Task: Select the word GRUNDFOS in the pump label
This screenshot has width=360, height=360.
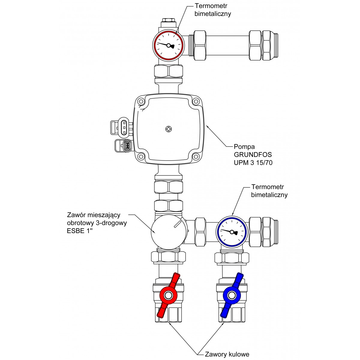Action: click(253, 154)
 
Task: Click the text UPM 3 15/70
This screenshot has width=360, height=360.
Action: click(253, 163)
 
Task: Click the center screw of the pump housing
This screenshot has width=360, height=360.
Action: click(169, 129)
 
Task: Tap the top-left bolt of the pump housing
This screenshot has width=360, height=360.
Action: click(141, 102)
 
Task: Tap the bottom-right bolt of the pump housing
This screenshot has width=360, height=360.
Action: click(196, 156)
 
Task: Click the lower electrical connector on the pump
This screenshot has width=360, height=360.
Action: click(124, 145)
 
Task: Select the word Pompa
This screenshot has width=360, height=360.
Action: click(244, 147)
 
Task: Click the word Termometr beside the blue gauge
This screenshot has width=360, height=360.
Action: click(268, 187)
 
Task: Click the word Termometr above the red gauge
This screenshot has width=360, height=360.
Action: click(211, 6)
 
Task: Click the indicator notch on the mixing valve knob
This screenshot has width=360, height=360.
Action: click(178, 224)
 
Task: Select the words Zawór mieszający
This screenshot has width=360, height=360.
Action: click(94, 215)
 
